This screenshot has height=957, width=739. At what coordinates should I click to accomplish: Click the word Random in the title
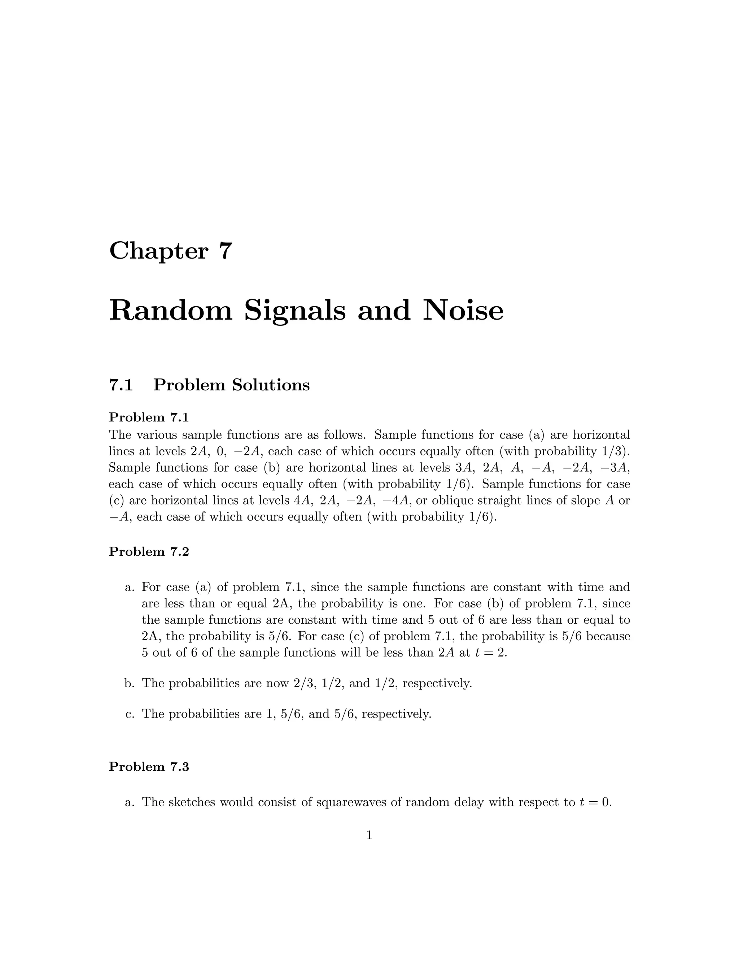pyautogui.click(x=170, y=311)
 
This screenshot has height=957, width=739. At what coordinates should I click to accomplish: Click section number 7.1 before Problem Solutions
pyautogui.click(x=121, y=385)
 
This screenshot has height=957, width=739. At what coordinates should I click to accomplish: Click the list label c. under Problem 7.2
pyautogui.click(x=129, y=714)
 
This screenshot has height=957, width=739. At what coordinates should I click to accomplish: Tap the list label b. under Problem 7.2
pyautogui.click(x=129, y=683)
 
